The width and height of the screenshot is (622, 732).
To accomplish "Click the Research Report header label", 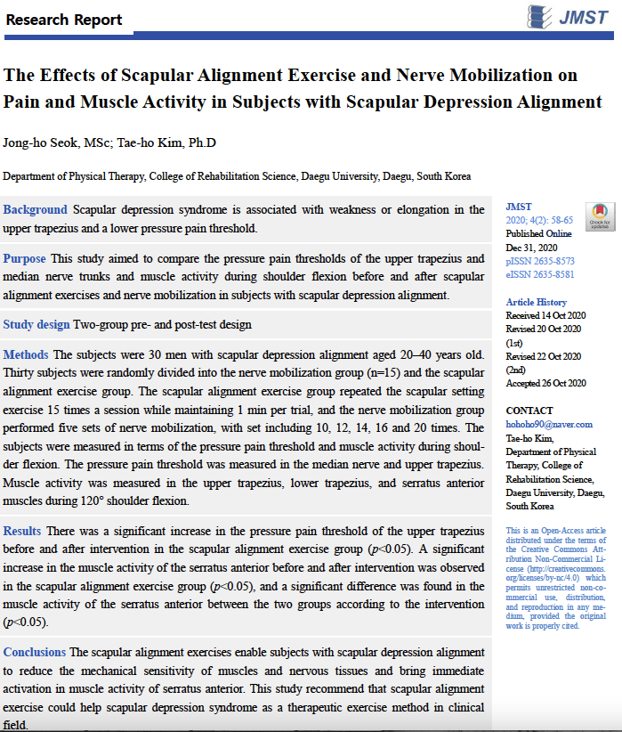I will click(63, 19).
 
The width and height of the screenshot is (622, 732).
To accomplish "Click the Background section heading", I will click(36, 210).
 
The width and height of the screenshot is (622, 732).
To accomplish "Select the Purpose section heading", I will click(25, 259).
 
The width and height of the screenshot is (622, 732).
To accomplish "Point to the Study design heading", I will click(36, 325).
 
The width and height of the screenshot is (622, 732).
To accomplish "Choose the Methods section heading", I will click(26, 355).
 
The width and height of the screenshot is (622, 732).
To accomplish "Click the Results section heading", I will click(22, 532).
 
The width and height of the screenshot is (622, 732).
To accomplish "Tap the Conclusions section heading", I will click(35, 653).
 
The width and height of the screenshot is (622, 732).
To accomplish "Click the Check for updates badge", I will click(600, 216).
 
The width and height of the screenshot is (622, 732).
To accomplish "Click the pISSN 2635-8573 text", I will click(540, 262).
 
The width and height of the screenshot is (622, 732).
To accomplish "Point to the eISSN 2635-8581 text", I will click(540, 275).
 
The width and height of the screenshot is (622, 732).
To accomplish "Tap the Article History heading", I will click(536, 302).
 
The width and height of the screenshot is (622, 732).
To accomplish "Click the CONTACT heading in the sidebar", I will click(529, 411).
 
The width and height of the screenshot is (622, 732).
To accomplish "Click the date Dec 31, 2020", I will click(532, 248).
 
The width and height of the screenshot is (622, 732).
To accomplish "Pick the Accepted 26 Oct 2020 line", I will click(546, 383).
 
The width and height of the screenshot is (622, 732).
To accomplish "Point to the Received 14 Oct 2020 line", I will click(546, 315).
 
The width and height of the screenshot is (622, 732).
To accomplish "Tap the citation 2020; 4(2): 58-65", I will click(540, 221).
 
